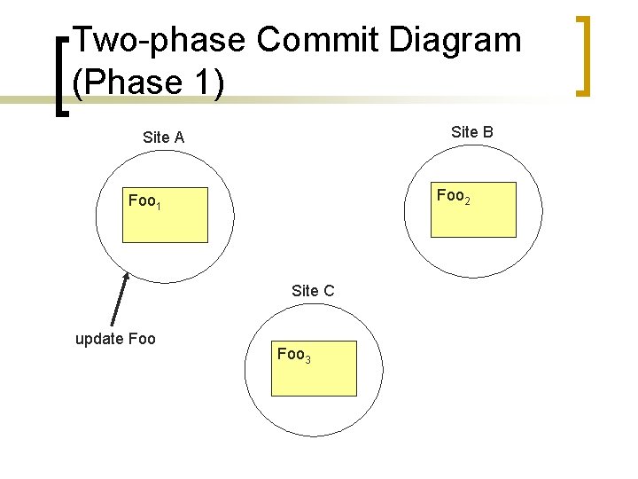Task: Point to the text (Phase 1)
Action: tap(148, 82)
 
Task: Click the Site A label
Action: tap(163, 137)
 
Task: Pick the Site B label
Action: tap(472, 132)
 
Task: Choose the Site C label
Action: tap(313, 290)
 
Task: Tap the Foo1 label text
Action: tap(144, 201)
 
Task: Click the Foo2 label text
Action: tap(453, 196)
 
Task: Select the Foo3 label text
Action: tap(293, 355)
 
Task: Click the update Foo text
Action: tap(115, 339)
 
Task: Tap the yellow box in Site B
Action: tap(472, 216)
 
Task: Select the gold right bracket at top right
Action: tap(582, 55)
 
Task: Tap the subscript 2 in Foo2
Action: tap(467, 200)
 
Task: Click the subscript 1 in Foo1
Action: tap(158, 206)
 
